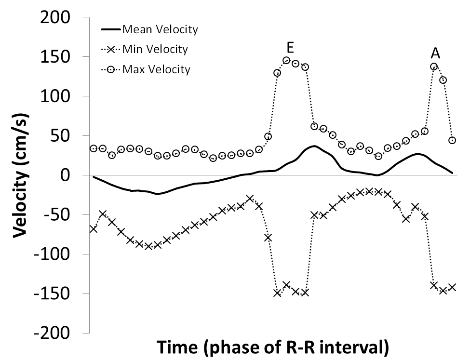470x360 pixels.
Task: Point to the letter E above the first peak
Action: pos(291,47)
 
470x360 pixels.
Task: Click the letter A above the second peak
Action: pos(435,53)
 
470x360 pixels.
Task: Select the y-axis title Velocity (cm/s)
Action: pos(20,175)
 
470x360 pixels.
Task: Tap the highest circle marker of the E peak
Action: pos(286,61)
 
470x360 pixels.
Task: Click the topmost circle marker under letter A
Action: pos(434,67)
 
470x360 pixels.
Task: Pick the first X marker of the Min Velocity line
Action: pos(94,229)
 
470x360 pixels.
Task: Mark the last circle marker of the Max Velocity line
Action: pos(452,140)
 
